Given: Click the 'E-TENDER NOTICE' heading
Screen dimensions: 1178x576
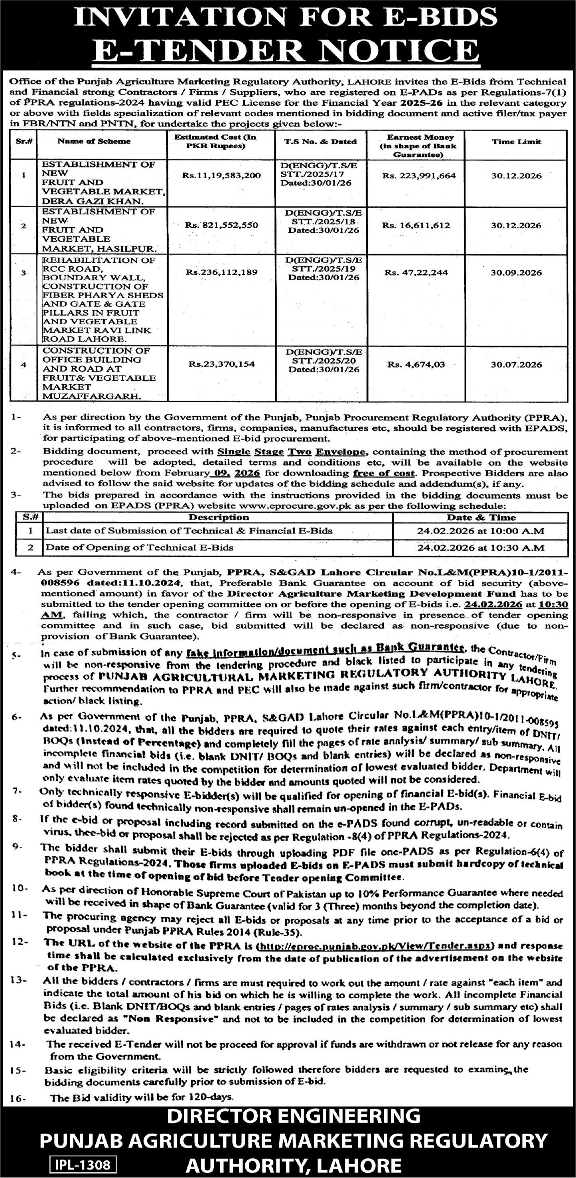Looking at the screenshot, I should coord(288,50).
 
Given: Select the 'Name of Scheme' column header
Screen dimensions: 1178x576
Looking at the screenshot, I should coord(94,141).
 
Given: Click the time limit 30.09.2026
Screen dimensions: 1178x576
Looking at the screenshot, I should coord(517,273).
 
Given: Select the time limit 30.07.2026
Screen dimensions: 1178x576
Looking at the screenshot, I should coord(517,364).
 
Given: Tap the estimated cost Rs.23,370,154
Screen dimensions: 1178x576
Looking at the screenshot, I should coord(221,364).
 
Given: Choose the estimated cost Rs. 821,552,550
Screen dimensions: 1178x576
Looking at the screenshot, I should coord(221,225).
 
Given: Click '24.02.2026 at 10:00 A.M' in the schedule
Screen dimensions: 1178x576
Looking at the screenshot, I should coord(480,531).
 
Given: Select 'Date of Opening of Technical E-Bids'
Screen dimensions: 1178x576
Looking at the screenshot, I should coord(139,547).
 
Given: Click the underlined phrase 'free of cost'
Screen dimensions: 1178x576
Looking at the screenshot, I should coord(384,473).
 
